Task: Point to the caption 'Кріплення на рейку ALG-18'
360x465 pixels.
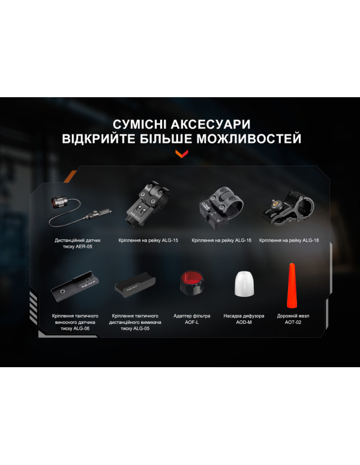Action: coord(289,241)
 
